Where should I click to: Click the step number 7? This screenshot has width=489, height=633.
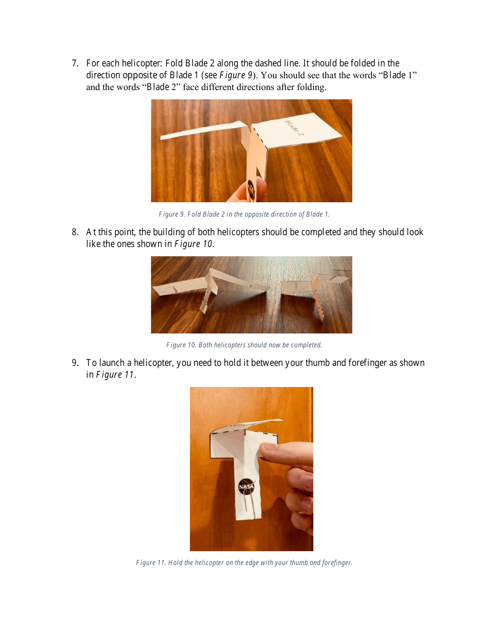pyautogui.click(x=75, y=63)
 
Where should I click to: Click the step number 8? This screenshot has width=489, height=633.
pyautogui.click(x=75, y=232)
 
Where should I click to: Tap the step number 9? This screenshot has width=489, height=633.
pyautogui.click(x=75, y=363)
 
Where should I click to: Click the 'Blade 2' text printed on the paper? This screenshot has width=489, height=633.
pyautogui.click(x=294, y=127)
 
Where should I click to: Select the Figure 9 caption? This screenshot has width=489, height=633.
pyautogui.click(x=244, y=214)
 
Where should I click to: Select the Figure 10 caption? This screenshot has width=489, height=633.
pyautogui.click(x=244, y=345)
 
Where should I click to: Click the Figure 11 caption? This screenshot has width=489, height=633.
pyautogui.click(x=244, y=562)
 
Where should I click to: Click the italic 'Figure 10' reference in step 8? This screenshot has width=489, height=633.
pyautogui.click(x=193, y=244)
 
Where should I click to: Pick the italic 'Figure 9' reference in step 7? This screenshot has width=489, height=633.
pyautogui.click(x=235, y=75)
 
